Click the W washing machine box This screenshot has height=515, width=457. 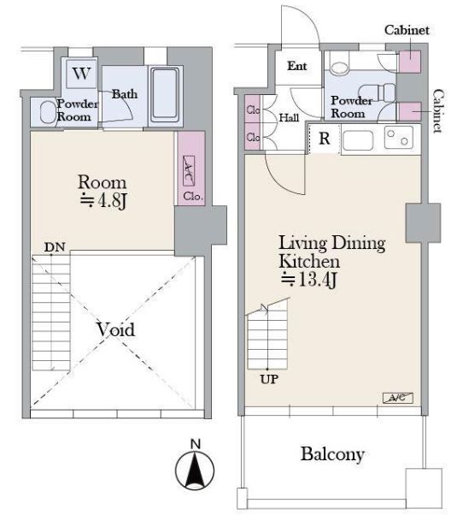point(81,74)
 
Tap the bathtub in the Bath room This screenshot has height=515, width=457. point(166,96)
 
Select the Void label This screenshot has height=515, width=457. point(115,329)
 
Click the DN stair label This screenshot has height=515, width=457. point(55,247)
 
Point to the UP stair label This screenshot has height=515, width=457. point(269,379)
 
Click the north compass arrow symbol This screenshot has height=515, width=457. point(195,470)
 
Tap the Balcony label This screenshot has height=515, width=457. point(332,454)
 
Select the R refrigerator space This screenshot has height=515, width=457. point(325,139)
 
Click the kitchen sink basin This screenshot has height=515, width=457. point(358,139)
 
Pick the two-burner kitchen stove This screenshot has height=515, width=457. point(398,137)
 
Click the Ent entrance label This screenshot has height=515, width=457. point(297,66)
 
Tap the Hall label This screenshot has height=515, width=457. point(289,117)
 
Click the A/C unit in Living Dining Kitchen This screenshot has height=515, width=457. point(398,398)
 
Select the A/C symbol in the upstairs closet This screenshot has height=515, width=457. point(188,170)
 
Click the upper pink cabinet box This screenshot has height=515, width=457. point(410,62)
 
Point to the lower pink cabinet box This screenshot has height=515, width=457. point(410,111)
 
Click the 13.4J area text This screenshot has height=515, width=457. point(308,280)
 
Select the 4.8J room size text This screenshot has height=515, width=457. point(103,201)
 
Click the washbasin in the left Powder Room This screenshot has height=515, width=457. point(48,112)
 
